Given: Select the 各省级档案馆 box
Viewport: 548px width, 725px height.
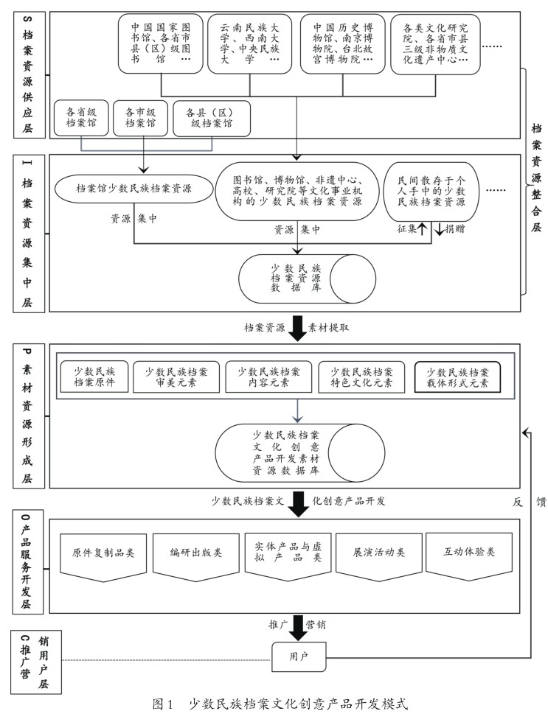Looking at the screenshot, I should [81, 118].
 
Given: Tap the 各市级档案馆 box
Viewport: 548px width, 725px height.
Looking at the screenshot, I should [141, 118].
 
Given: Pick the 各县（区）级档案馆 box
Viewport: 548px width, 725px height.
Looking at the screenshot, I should [212, 118].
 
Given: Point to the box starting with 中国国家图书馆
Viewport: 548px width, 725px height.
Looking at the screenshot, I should [160, 43].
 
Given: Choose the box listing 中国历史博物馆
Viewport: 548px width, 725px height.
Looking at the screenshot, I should [342, 43].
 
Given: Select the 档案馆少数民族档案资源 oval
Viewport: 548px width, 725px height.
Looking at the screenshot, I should [133, 189].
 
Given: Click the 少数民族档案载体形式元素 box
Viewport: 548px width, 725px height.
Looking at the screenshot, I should [457, 376].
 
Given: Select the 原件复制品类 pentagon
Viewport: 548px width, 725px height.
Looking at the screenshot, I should [103, 553].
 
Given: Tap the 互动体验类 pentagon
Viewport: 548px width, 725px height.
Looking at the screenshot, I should [468, 553].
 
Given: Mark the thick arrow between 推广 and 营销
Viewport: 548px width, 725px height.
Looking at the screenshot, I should [298, 625].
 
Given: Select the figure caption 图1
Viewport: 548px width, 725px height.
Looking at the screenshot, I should [162, 704].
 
